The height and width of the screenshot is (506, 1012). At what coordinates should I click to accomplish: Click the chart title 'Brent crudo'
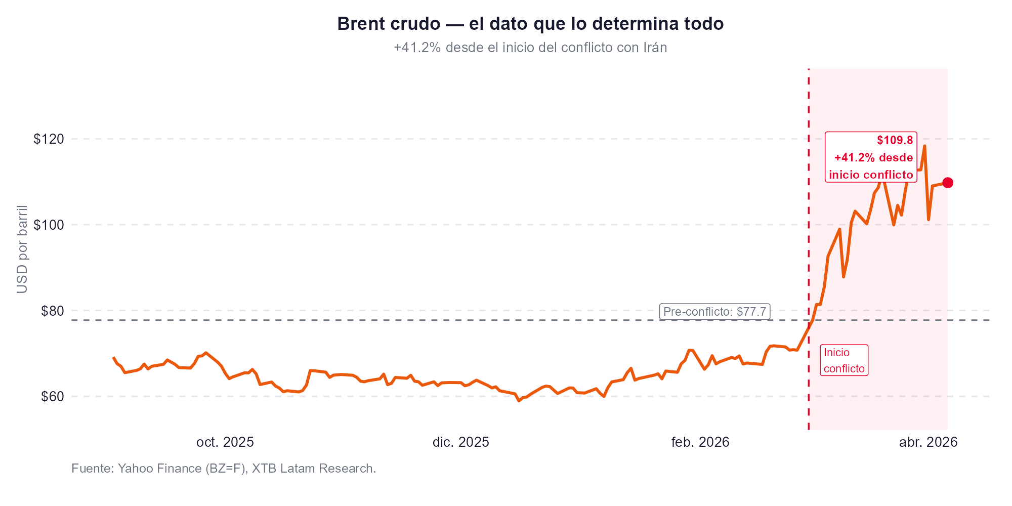click(x=530, y=24)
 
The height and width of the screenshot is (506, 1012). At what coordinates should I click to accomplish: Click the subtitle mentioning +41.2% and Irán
click(x=530, y=48)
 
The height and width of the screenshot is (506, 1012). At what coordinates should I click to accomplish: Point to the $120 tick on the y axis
click(x=49, y=139)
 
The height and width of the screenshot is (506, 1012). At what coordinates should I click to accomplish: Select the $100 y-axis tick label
click(x=49, y=225)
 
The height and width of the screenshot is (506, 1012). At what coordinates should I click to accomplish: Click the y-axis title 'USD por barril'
click(x=22, y=249)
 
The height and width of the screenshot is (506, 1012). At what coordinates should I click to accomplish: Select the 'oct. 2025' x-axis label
click(x=225, y=443)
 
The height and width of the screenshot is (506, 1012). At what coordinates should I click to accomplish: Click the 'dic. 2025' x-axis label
click(x=460, y=443)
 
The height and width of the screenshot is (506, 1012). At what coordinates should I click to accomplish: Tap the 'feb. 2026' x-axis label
click(x=700, y=443)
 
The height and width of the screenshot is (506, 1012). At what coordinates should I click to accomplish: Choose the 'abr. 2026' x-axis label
click(x=928, y=443)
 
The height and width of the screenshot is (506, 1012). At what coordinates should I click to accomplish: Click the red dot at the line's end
click(x=948, y=183)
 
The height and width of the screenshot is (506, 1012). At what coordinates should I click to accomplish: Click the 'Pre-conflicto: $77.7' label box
click(x=714, y=312)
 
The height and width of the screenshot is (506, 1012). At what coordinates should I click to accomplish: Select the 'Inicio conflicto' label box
click(x=844, y=360)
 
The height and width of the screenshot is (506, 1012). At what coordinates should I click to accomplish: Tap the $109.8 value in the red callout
click(x=895, y=140)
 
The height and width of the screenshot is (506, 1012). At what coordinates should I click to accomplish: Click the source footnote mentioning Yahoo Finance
click(x=224, y=469)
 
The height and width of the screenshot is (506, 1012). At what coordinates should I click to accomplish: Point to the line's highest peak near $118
click(x=924, y=146)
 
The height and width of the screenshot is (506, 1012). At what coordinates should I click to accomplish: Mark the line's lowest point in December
click(x=519, y=401)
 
